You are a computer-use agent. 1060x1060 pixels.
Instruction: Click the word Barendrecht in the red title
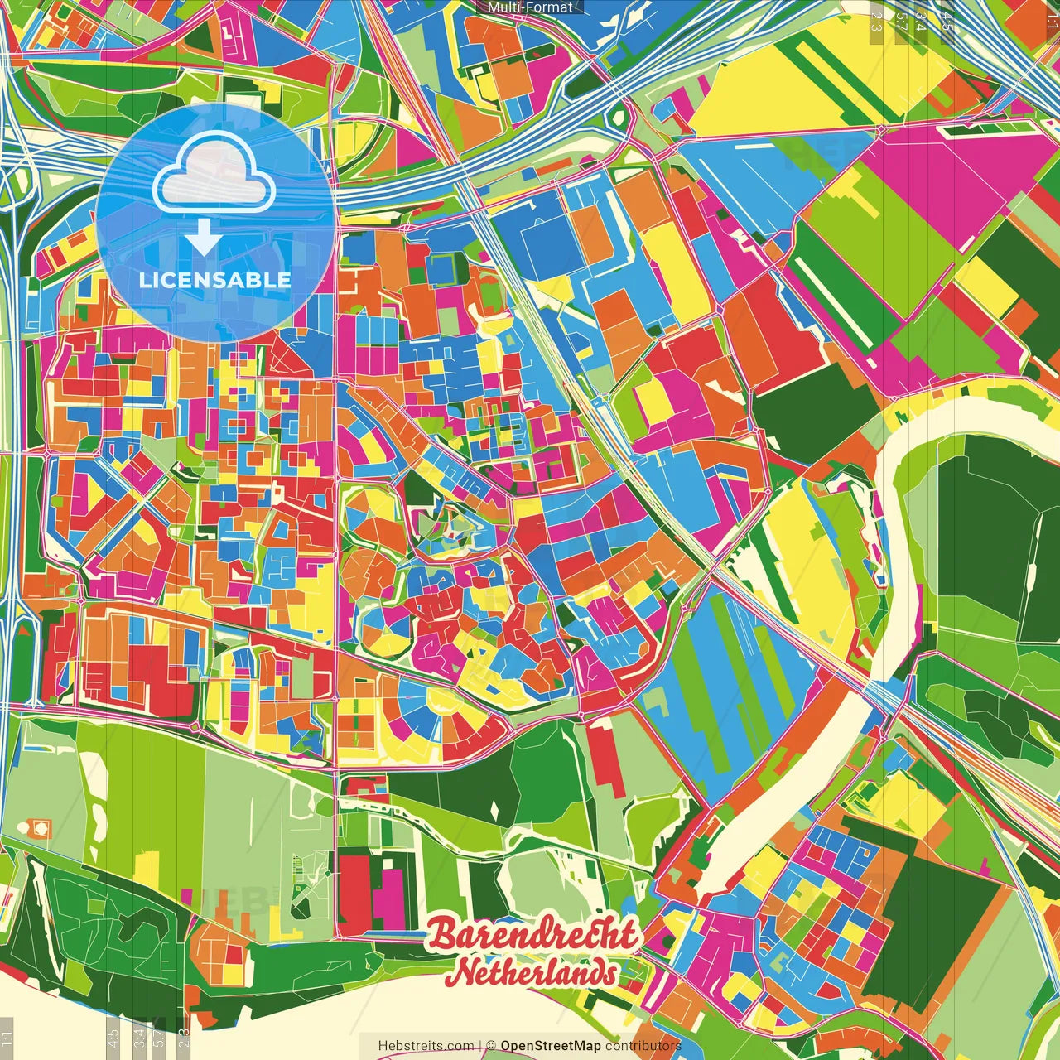tap(534, 935)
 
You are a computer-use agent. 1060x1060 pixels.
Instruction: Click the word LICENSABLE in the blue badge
tap(215, 280)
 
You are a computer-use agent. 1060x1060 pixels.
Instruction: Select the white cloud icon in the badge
tap(214, 174)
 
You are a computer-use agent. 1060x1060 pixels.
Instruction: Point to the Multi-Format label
tap(530, 7)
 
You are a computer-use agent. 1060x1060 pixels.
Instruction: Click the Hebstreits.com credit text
tap(426, 1046)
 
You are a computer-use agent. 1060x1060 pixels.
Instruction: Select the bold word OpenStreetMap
tap(551, 1046)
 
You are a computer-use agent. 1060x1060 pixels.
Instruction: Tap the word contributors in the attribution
tap(643, 1046)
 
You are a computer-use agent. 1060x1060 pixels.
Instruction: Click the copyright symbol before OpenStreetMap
tap(491, 1046)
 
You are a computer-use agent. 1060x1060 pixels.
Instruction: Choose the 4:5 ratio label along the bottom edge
tap(113, 1035)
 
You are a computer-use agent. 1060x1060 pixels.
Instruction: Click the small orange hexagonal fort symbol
tap(39, 827)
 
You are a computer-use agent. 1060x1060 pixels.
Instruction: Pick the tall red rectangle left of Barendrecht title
tap(354, 893)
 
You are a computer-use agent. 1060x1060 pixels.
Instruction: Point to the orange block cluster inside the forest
tap(219, 952)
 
